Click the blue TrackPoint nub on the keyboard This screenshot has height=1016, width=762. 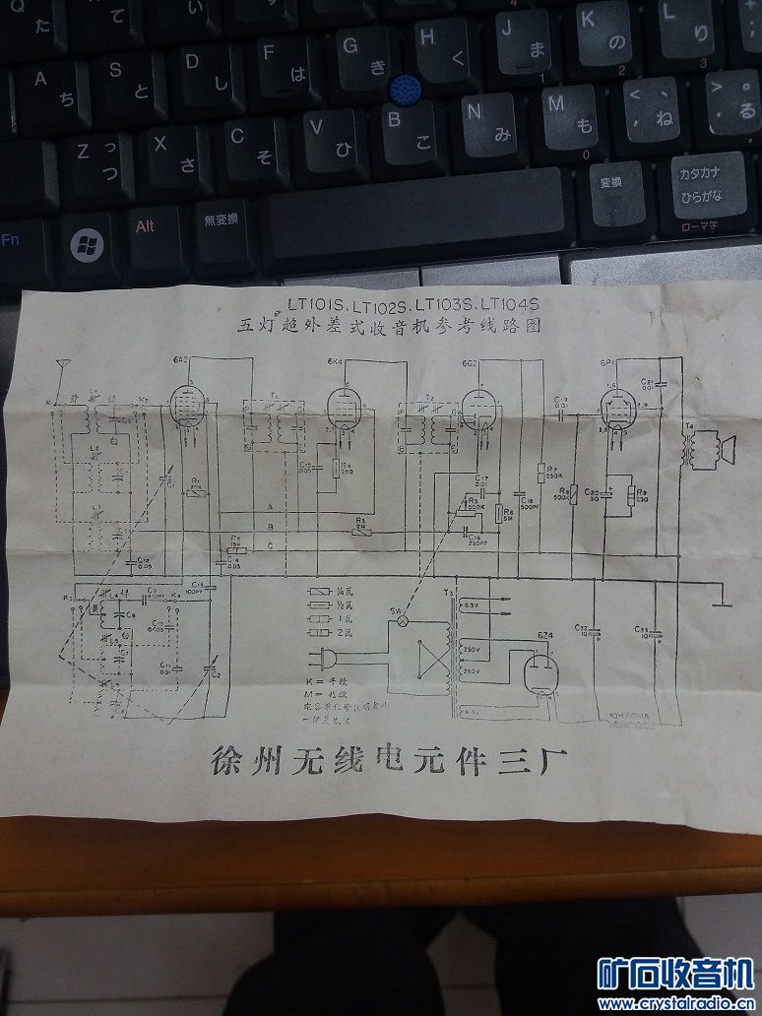404,92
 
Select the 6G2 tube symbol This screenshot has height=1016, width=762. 476,405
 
